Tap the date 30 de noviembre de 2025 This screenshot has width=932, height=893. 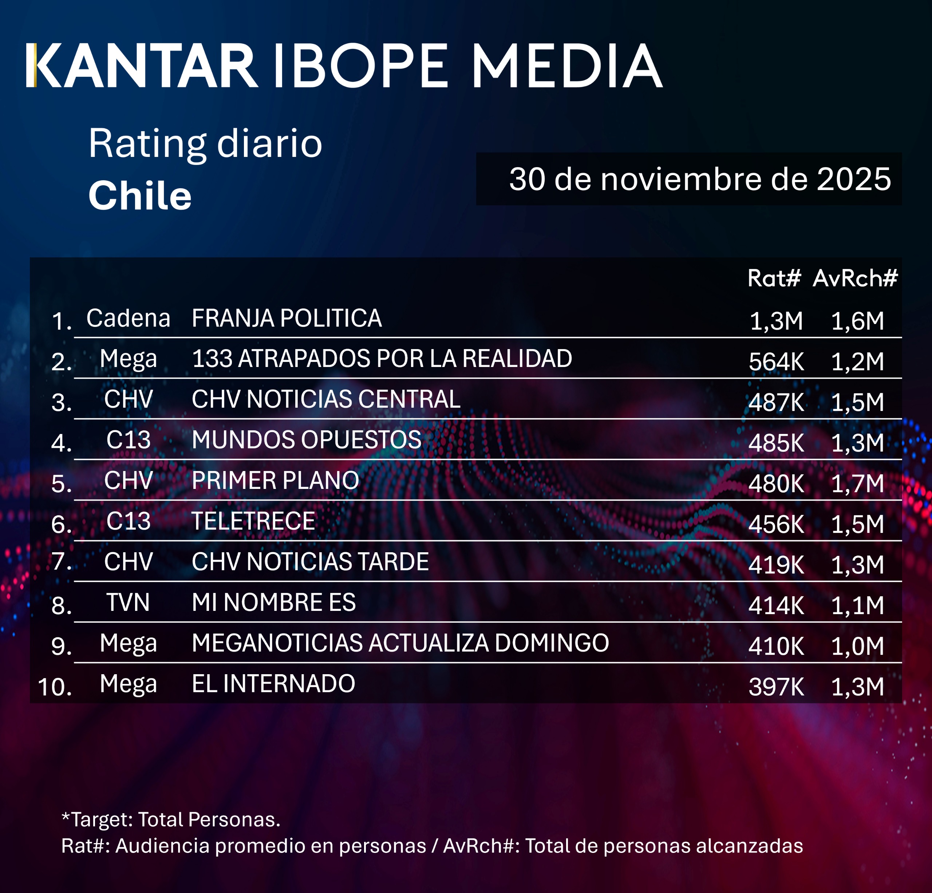pos(699,179)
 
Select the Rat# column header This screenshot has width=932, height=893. pos(774,278)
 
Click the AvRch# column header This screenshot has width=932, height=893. pos(854,278)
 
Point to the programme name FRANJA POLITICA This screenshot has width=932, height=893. pos(286,318)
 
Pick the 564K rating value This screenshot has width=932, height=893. pos(776,362)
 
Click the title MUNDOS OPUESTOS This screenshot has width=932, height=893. pos(306,440)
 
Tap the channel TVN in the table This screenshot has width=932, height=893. pos(128,602)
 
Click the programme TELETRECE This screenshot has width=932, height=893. pos(253,521)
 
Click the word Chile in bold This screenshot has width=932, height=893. pos(140,195)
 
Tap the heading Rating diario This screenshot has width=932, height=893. pos(205,143)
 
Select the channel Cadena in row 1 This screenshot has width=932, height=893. pos(128,318)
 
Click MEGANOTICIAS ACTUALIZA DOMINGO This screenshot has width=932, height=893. pos(400,643)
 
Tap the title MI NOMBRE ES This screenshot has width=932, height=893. pos(273,602)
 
